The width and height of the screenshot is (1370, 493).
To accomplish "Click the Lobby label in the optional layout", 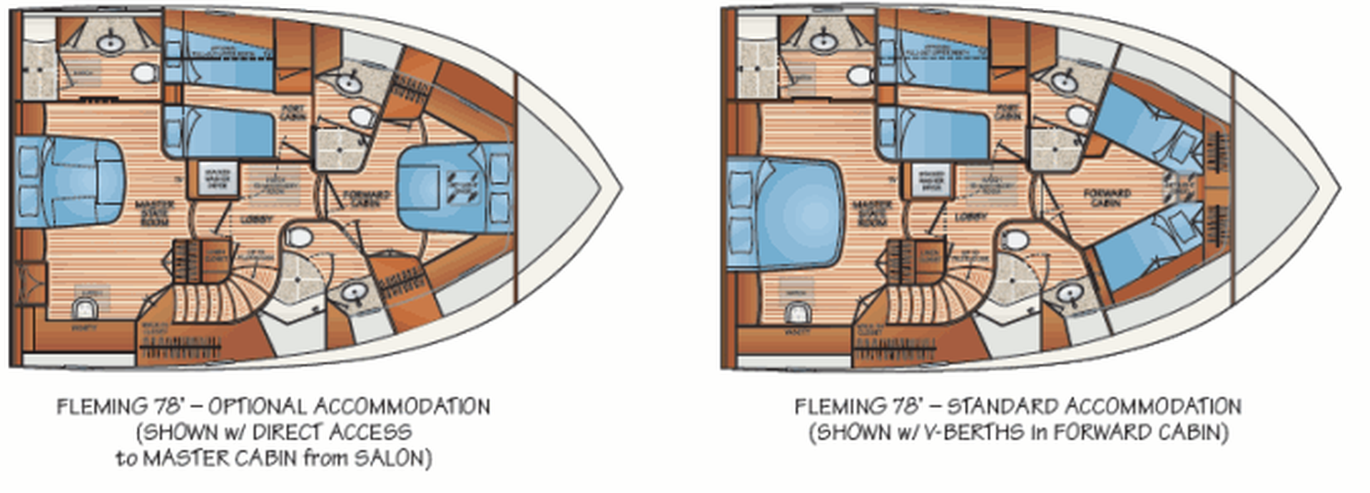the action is tap(256, 219).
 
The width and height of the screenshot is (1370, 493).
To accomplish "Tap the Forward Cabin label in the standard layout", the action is tap(1107, 197).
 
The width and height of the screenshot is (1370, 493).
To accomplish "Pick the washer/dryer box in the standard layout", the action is tap(931, 180).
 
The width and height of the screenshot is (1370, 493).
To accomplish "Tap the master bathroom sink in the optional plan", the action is tap(111, 44).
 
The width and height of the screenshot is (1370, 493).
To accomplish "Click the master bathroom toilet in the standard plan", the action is tap(861, 74).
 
